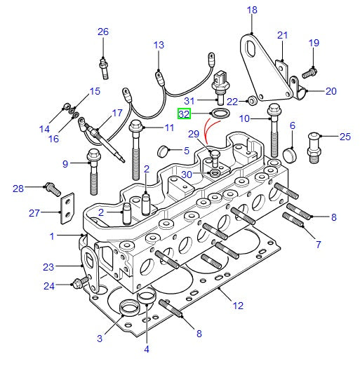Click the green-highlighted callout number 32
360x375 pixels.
tap(185, 113)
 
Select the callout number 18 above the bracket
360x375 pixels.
tap(253, 10)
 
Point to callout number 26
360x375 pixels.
tap(103, 32)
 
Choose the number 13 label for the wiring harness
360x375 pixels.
tap(159, 46)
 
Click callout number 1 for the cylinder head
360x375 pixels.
tap(52, 237)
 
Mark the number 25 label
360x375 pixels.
tap(345, 137)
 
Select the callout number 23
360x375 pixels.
tap(48, 267)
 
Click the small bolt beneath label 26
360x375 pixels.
tap(105, 66)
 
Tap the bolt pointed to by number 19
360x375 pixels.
tap(309, 70)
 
